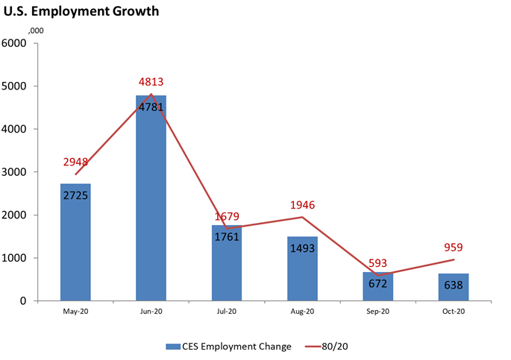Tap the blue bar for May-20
click(x=75, y=246)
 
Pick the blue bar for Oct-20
click(x=453, y=288)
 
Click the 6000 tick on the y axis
click(x=15, y=43)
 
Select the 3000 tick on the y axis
click(x=15, y=172)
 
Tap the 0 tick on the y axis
click(x=24, y=301)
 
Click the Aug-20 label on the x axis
click(x=302, y=312)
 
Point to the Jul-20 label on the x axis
click(x=227, y=312)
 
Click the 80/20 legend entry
click(x=329, y=347)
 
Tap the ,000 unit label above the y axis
click(x=34, y=31)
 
